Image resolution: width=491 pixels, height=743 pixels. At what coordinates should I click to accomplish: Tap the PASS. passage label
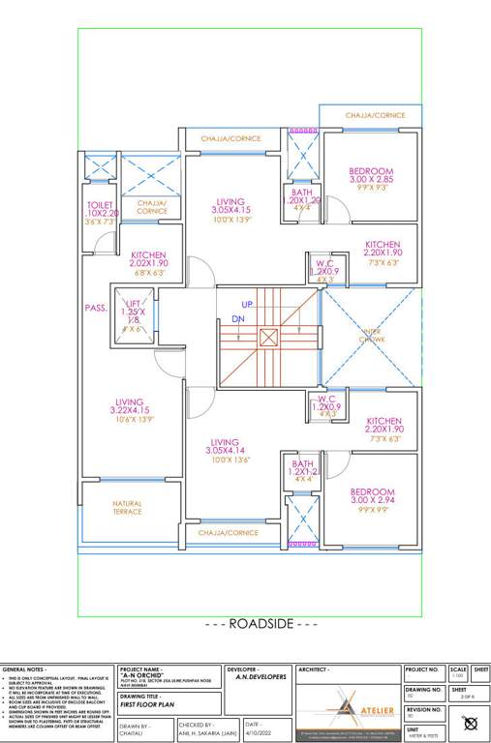pyautogui.click(x=95, y=308)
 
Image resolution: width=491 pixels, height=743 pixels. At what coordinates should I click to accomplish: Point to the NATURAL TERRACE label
pyautogui.click(x=127, y=507)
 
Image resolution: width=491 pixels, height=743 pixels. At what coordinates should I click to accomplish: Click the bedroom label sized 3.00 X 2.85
pyautogui.click(x=372, y=171)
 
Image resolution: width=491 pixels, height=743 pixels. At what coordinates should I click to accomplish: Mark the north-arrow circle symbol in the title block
pyautogui.click(x=471, y=722)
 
